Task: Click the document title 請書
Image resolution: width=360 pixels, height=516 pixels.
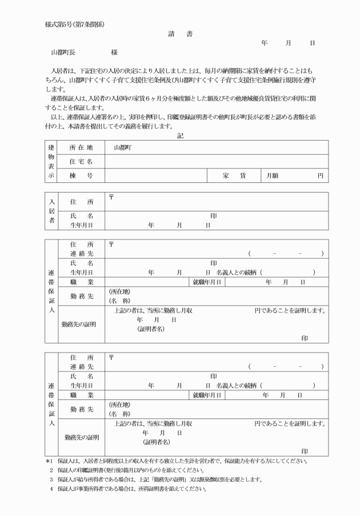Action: tap(180, 34)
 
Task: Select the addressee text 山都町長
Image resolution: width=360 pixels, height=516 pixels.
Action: tap(63, 51)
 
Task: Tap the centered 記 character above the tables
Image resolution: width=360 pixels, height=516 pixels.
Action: tap(180, 135)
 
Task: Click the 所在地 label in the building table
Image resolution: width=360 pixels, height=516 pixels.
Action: tap(81, 147)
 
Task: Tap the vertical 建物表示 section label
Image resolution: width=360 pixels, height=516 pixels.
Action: tap(51, 162)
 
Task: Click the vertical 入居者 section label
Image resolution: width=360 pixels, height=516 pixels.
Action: tap(51, 211)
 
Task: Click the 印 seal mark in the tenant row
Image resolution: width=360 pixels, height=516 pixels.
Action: tap(213, 217)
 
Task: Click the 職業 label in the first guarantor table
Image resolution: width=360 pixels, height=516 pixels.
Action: tap(81, 282)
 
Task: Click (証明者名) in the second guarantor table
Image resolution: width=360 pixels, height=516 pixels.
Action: tap(156, 442)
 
